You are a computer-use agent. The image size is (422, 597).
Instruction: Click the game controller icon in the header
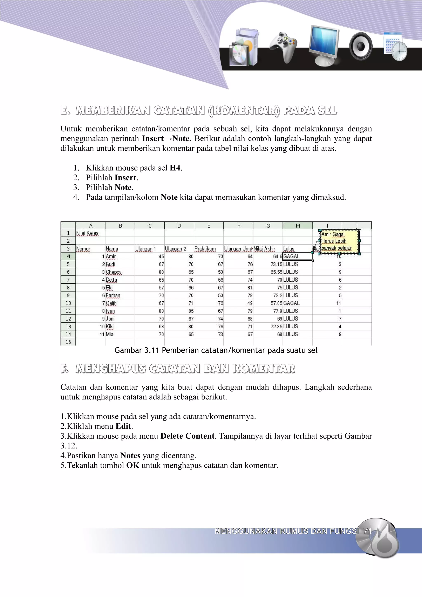pyautogui.click(x=283, y=47)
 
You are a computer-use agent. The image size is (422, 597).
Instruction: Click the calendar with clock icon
pyautogui.click(x=395, y=47)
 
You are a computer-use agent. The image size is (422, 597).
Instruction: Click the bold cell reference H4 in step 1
pyautogui.click(x=175, y=168)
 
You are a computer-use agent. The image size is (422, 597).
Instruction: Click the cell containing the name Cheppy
pyautogui.click(x=114, y=272)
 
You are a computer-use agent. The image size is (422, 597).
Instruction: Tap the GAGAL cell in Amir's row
pyautogui.click(x=297, y=256)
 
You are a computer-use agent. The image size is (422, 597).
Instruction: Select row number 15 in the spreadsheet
pyautogui.click(x=68, y=342)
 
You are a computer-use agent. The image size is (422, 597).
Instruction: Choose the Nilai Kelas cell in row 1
pyautogui.click(x=87, y=233)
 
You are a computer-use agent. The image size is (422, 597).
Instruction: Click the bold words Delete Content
pyautogui.click(x=188, y=436)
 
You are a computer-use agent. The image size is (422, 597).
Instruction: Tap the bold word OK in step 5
pyautogui.click(x=133, y=465)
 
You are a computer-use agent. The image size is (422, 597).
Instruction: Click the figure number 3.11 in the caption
pyautogui.click(x=152, y=350)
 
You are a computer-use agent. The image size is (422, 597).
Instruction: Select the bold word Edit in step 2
pyautogui.click(x=123, y=426)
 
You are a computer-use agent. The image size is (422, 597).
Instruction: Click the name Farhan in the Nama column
pyautogui.click(x=113, y=295)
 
